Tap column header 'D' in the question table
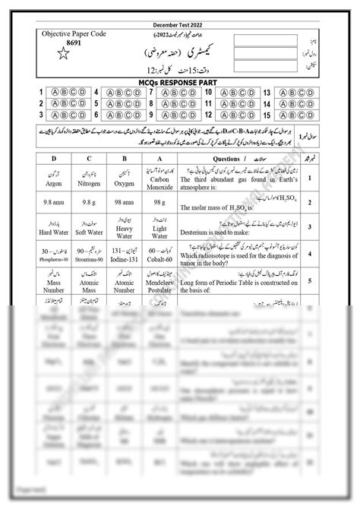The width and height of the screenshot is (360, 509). click(x=54, y=158)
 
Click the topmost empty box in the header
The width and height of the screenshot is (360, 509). click(x=262, y=39)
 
